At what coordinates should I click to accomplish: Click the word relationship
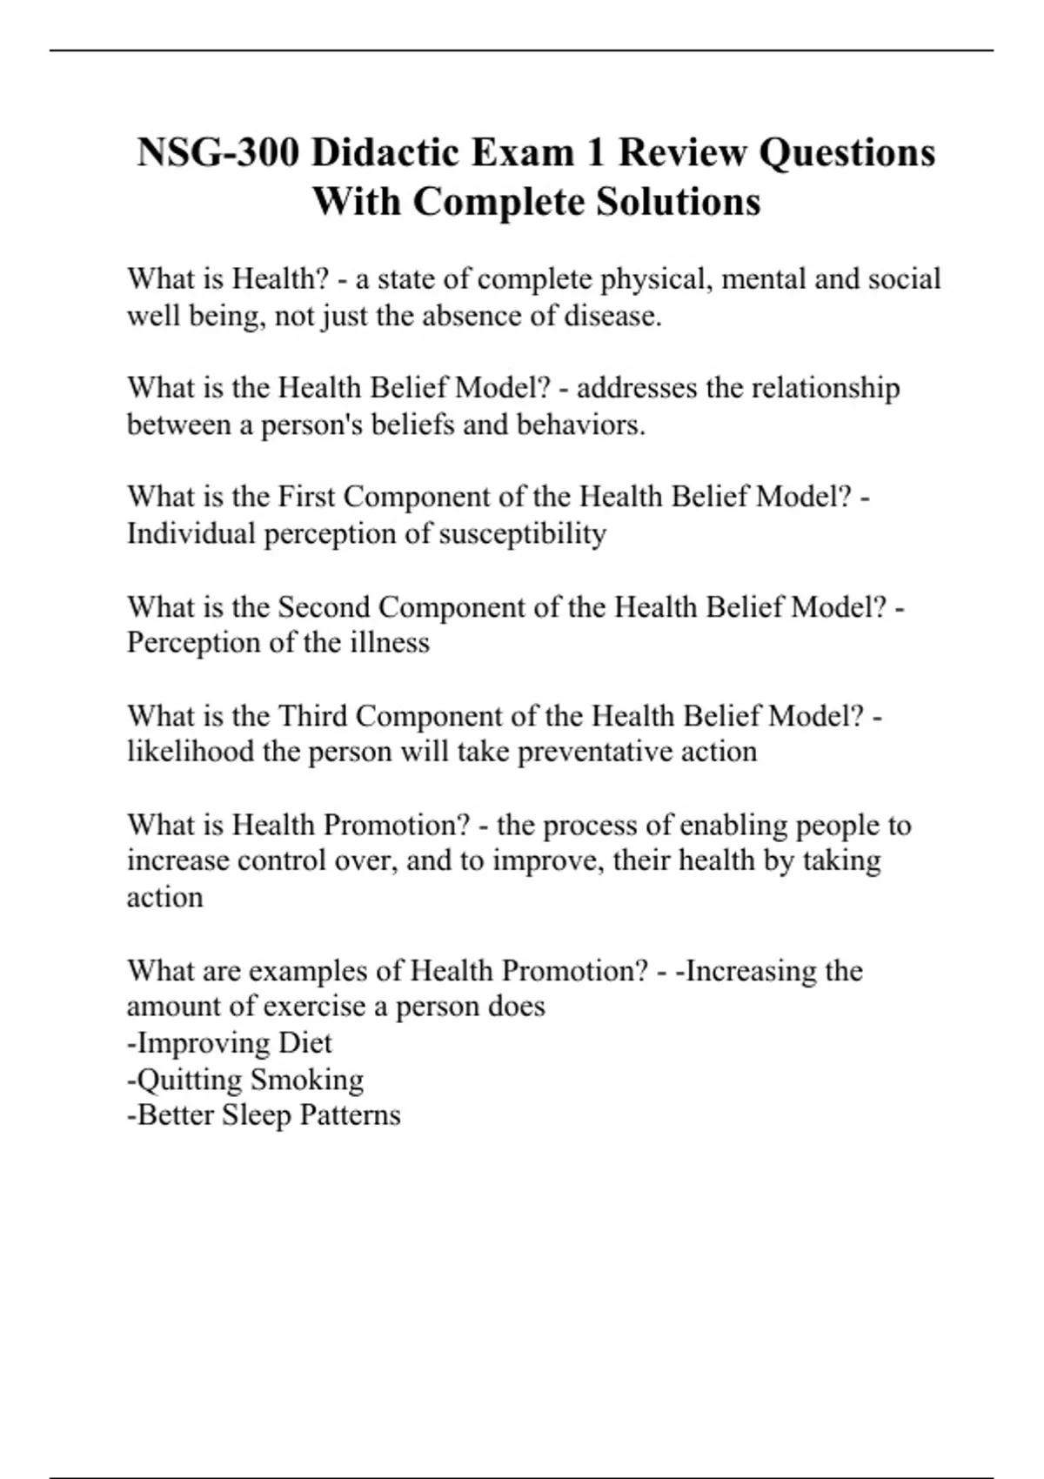(x=826, y=387)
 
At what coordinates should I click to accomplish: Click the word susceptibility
(x=522, y=533)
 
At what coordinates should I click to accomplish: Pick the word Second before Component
(x=324, y=606)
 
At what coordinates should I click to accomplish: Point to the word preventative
(x=594, y=752)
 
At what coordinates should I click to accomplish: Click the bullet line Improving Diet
(x=230, y=1042)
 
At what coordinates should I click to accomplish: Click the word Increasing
(x=749, y=970)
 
